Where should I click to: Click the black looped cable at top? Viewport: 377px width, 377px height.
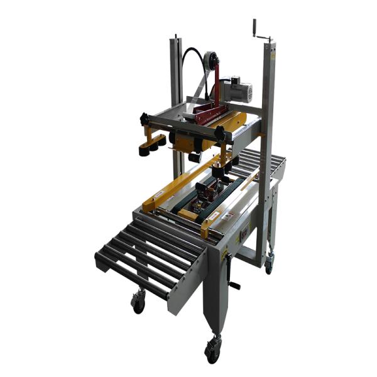click(x=188, y=60)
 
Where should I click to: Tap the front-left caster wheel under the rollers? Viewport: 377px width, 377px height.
click(x=138, y=303)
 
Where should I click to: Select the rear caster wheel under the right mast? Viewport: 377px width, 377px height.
click(x=269, y=265)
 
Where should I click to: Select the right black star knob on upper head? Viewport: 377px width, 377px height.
click(x=219, y=134)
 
